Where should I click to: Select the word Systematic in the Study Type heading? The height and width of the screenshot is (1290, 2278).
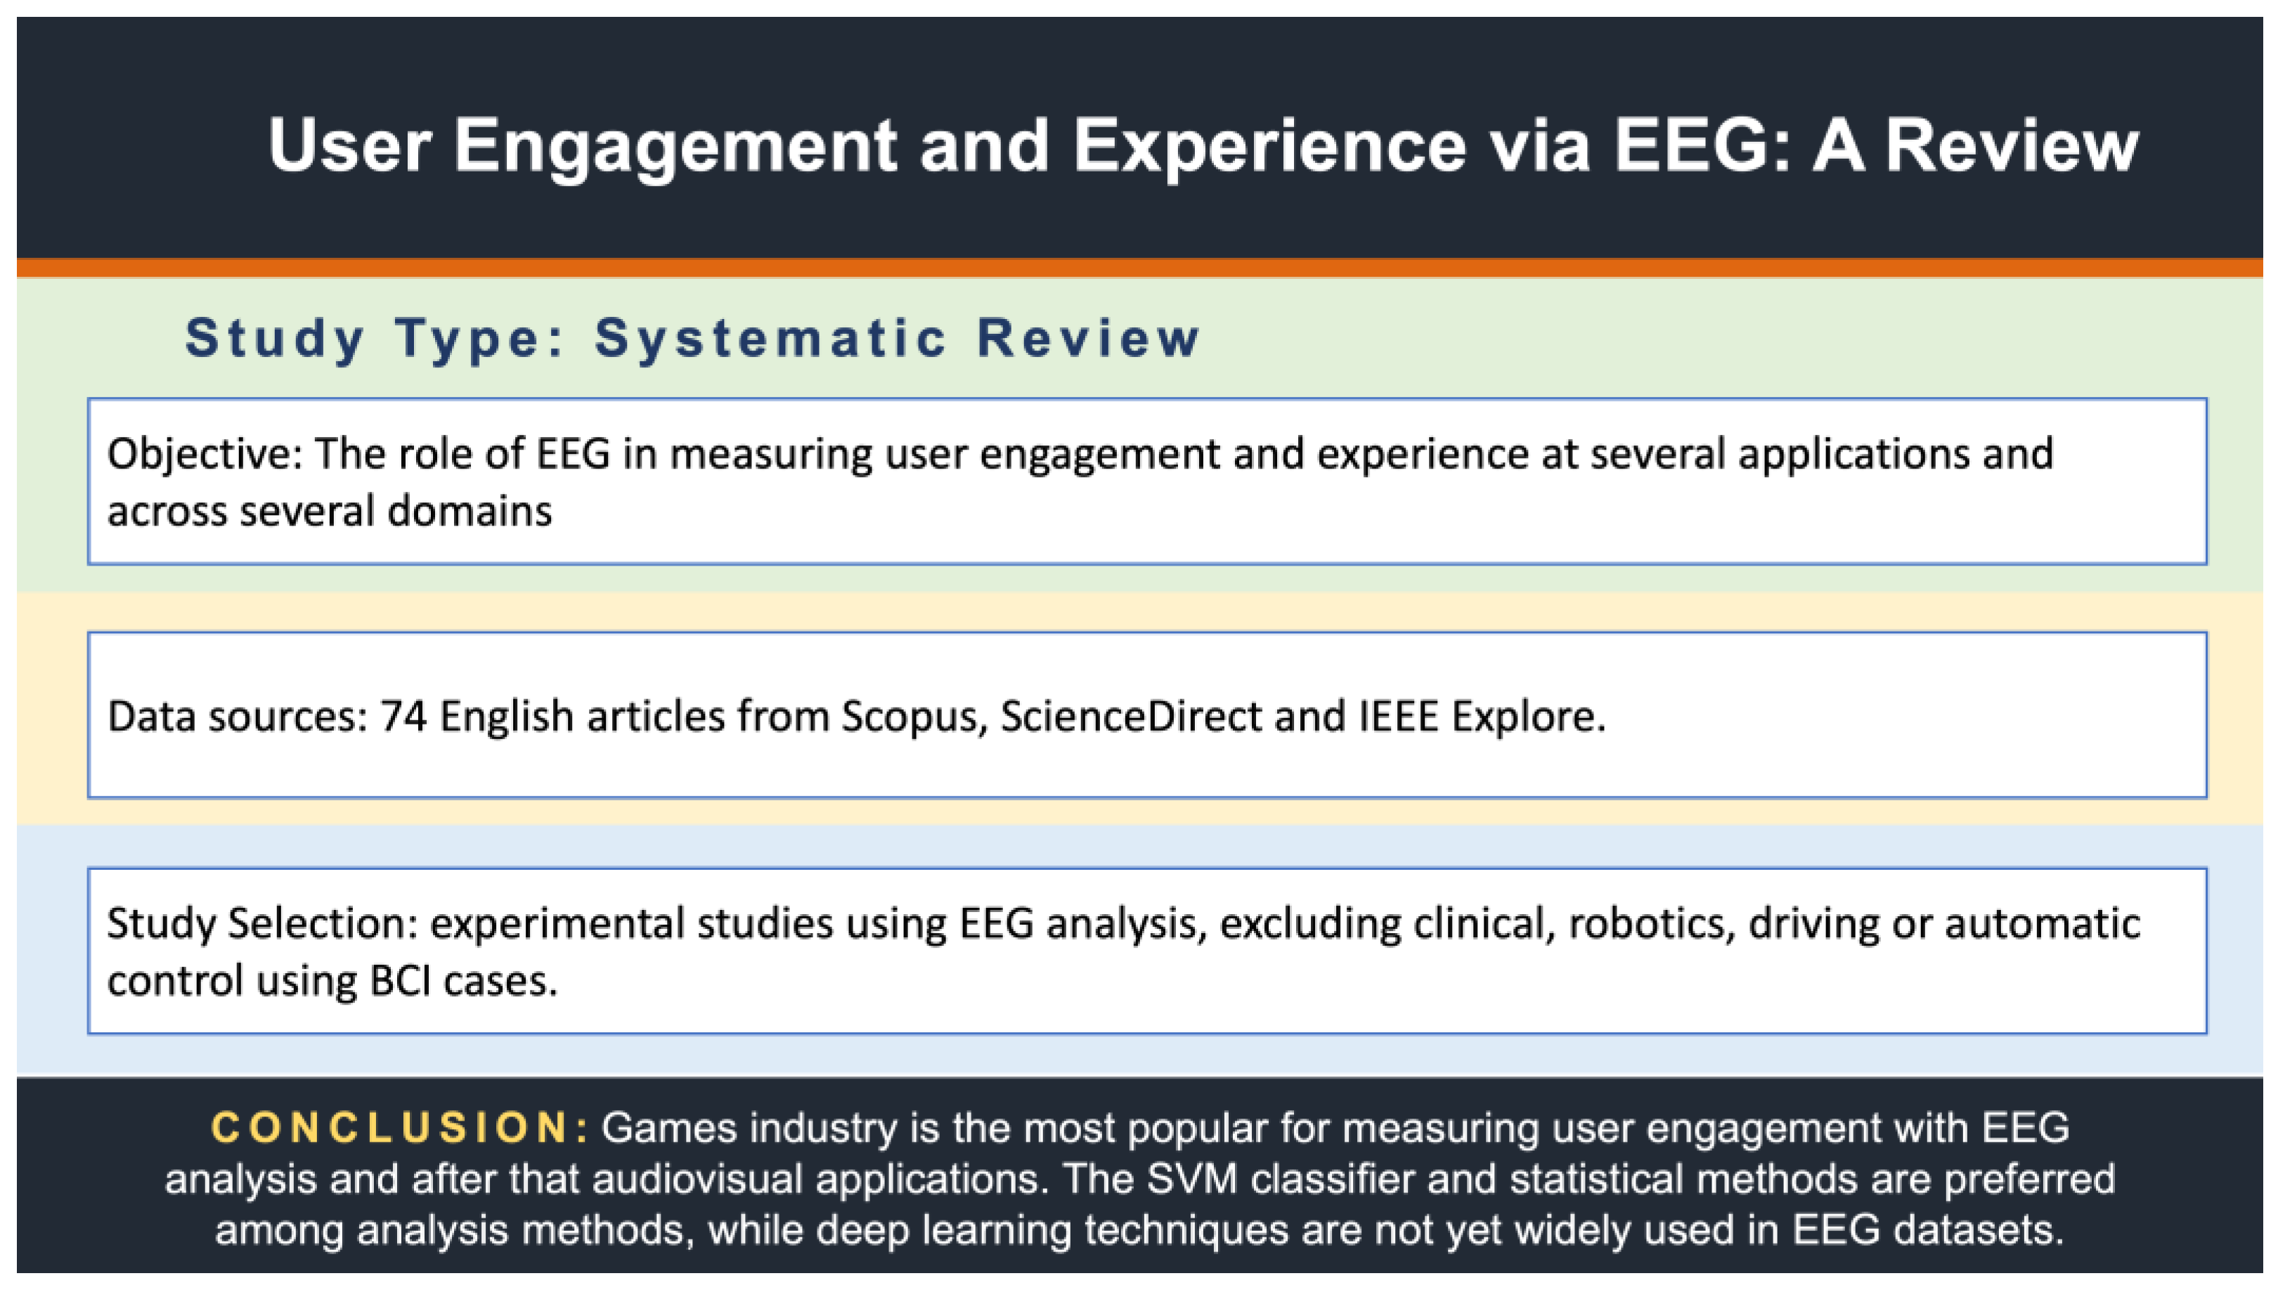[771, 339]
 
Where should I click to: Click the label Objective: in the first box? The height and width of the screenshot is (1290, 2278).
[205, 455]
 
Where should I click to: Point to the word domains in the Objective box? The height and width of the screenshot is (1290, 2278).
[470, 512]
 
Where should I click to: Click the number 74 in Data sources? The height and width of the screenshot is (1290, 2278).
[403, 716]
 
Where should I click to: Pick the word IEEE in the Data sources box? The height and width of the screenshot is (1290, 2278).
[1398, 716]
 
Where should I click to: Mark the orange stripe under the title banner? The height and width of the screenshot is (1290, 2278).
[1139, 268]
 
